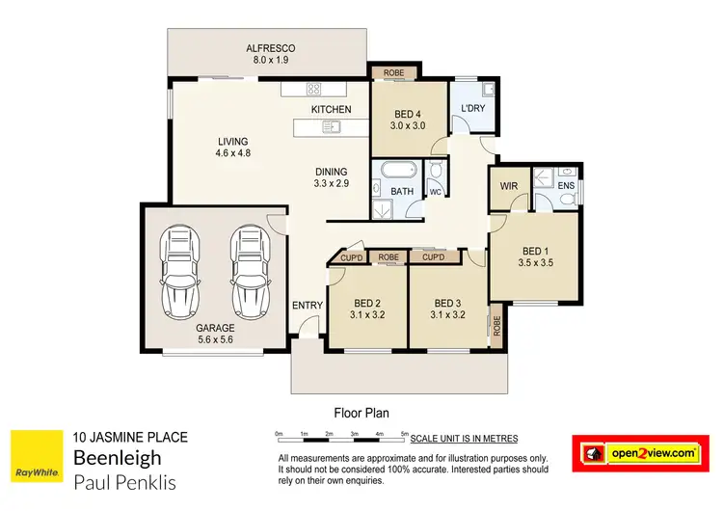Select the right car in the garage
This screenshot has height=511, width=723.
249,273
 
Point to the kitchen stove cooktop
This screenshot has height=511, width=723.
313,90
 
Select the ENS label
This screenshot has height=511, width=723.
566,184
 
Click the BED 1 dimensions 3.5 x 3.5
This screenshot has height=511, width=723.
536,261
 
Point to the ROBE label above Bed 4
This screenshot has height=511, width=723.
393,73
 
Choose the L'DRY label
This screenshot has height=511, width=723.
472,108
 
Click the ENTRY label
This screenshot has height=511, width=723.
308,306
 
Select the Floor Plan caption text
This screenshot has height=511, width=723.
361,410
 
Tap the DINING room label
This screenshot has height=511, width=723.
331,172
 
